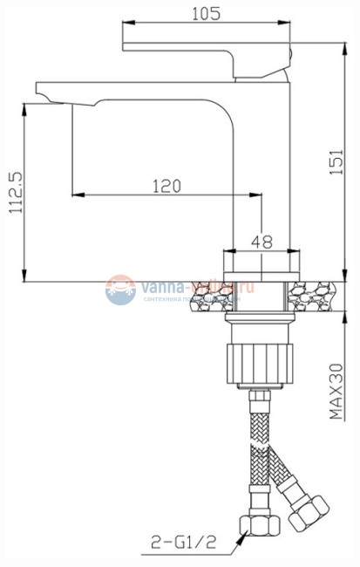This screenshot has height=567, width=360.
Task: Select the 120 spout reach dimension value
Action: click(x=166, y=186)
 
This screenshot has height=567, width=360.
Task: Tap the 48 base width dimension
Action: click(x=261, y=240)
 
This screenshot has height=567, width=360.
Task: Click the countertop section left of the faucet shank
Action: click(x=209, y=296)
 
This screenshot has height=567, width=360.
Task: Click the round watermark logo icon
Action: click(x=120, y=290)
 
